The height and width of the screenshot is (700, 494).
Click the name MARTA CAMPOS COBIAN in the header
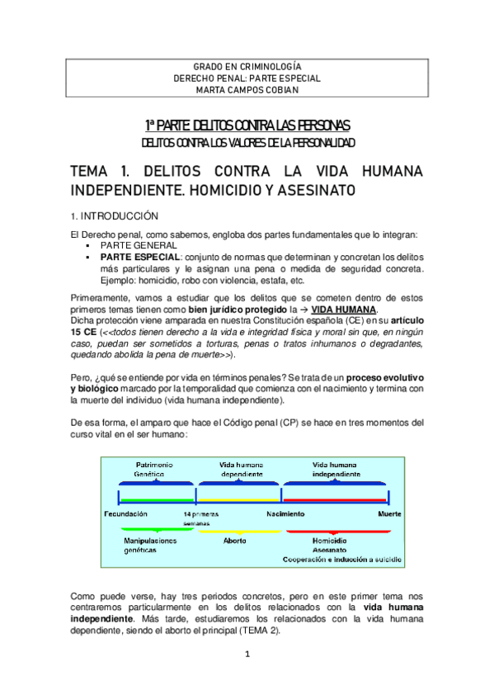point(247,92)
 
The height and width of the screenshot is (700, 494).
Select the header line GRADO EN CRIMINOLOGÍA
point(247,65)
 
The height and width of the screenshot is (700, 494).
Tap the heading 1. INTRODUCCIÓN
point(114,215)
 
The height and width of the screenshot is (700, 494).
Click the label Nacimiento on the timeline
point(285,513)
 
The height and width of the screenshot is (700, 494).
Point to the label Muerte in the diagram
point(390,513)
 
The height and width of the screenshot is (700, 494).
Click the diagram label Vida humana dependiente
point(242,470)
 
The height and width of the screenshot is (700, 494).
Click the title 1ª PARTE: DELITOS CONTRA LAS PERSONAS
point(247,125)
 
